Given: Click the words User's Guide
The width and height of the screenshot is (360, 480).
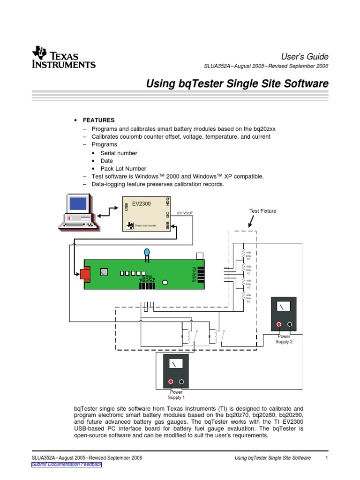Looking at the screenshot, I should click(308, 56).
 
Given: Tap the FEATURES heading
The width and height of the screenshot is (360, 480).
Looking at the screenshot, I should click(98, 120).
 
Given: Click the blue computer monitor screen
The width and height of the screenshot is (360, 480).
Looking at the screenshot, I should click(78, 203).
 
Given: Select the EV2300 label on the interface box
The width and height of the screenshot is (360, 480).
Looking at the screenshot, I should click(141, 204).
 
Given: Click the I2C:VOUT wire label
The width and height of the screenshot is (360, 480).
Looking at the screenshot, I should click(185, 213).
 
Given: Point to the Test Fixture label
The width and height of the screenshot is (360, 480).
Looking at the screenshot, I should click(262, 211).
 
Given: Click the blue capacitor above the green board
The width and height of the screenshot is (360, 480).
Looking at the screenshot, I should click(147, 254).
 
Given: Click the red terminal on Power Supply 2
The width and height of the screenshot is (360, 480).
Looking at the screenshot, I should click(278, 324).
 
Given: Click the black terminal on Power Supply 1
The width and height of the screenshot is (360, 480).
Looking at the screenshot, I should click(181, 382).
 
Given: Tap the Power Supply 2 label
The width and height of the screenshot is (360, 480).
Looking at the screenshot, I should click(284, 339).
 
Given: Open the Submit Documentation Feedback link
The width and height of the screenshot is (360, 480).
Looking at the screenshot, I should click(66, 465).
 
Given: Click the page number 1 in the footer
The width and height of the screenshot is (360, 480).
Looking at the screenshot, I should click(326, 458).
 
